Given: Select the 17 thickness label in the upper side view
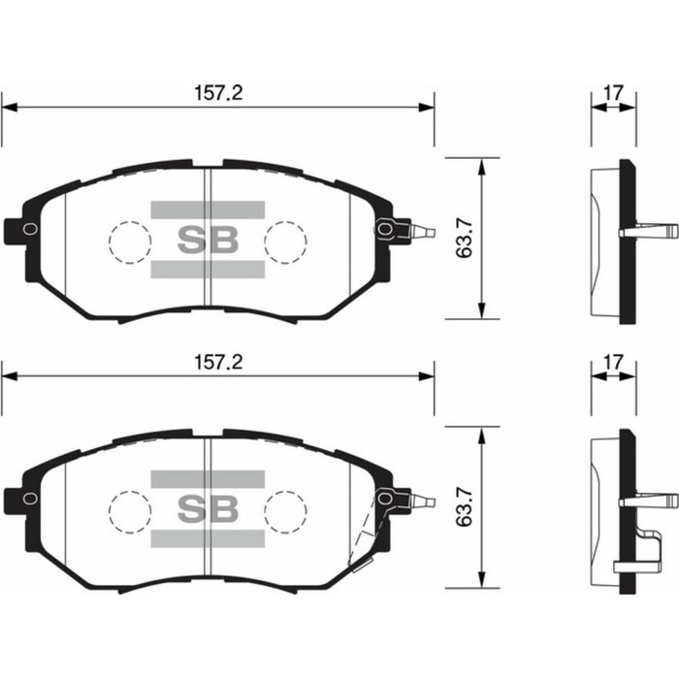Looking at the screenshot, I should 613,93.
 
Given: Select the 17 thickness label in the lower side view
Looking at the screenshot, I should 613,362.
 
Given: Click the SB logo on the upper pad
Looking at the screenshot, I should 208,240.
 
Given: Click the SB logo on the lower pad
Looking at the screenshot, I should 208,508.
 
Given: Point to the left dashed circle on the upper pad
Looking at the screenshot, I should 129,241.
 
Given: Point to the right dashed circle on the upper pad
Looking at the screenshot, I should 285,241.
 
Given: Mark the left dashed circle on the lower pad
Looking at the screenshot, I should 129,509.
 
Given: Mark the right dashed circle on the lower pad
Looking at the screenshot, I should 285,509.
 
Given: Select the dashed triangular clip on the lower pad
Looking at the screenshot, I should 365,534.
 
